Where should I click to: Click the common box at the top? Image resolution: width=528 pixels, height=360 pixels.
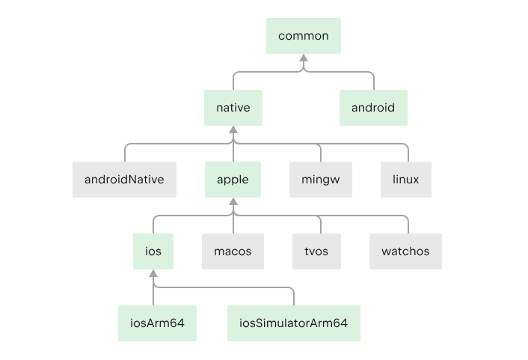(304, 36)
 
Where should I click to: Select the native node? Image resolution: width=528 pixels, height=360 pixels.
(233, 108)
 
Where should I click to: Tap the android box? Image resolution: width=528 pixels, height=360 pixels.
(373, 108)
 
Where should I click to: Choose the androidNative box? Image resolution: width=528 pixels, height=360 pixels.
(124, 180)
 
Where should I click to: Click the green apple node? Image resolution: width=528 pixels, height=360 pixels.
(233, 180)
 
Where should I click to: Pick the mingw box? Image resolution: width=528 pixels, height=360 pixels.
(321, 180)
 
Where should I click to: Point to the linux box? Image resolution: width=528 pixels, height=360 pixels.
(406, 180)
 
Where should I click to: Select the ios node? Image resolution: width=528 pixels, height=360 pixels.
(153, 251)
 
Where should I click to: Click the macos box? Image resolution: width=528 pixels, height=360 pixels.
(233, 251)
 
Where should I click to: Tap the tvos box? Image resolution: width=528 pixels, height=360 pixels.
(316, 251)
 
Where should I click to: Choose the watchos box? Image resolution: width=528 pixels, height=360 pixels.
(405, 251)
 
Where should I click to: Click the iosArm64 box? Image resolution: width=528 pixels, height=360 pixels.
(157, 323)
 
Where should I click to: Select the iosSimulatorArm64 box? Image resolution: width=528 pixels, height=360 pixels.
(294, 323)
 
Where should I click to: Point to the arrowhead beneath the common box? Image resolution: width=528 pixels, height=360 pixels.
(304, 58)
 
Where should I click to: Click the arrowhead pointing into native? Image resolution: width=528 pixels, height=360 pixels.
(233, 129)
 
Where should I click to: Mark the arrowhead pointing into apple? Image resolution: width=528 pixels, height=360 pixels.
(233, 201)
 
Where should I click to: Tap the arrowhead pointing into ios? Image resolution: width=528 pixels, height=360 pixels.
(153, 273)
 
